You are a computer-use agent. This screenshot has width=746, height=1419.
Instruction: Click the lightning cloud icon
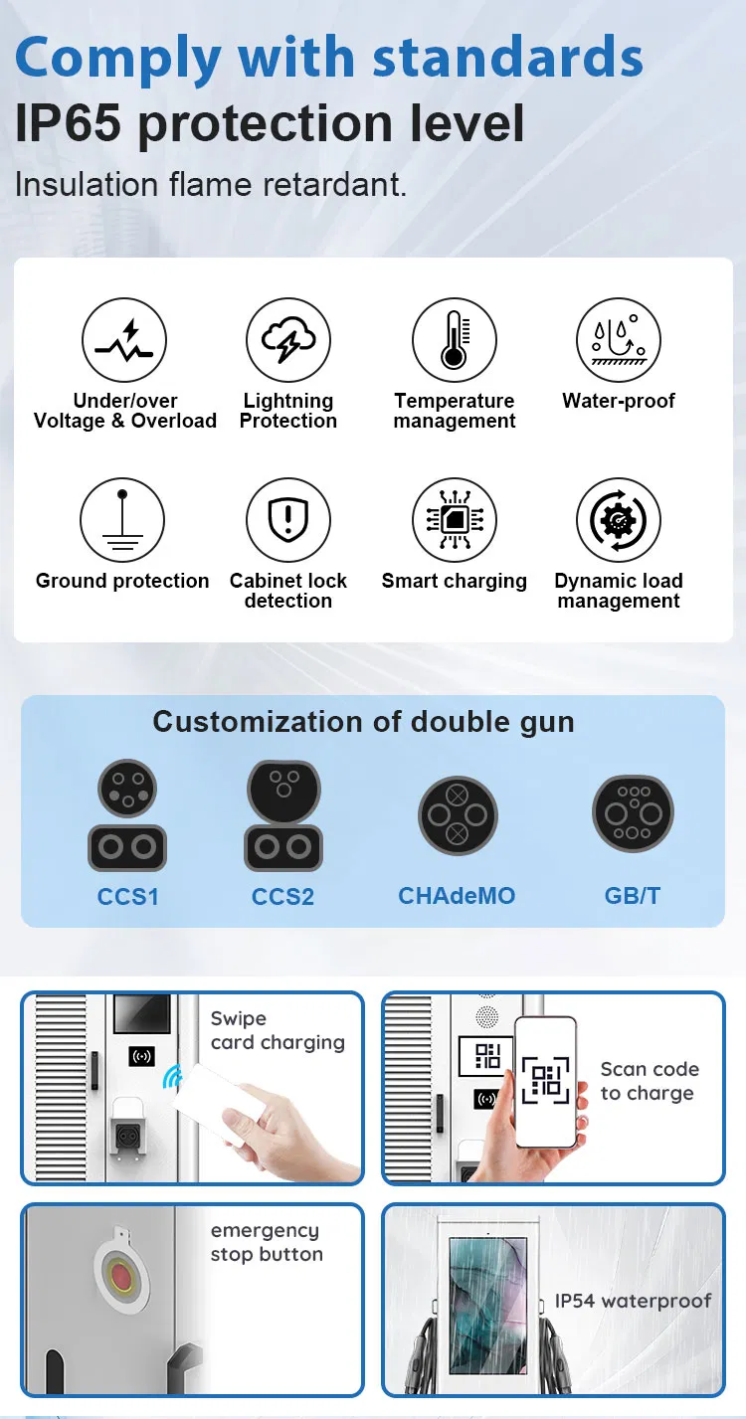coord(288,339)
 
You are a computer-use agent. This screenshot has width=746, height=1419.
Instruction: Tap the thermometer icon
coord(454,339)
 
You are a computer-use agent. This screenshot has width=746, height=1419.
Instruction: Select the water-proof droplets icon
coord(619,339)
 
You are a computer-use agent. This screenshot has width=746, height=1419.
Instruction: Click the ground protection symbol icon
coord(122,519)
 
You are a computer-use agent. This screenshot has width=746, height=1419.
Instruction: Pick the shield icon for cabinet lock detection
coord(288,519)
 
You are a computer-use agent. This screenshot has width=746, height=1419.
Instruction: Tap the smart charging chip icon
coord(454,519)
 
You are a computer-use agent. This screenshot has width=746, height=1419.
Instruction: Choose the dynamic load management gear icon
coord(619,519)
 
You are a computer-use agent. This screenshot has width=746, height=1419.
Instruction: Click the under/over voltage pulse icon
coord(124,339)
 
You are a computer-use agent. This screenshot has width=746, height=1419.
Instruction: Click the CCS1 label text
coord(127,896)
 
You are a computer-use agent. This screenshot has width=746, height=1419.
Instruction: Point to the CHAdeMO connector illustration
coord(458,815)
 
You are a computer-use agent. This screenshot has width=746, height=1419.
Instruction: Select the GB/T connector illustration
coord(633,812)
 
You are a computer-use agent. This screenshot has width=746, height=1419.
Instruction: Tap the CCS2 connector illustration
coord(283,815)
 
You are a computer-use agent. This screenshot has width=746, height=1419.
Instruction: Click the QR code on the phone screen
coord(545,1081)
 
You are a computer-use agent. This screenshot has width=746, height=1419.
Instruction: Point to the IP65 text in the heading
coord(68,123)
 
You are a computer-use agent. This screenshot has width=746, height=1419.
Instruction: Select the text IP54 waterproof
coord(634,1301)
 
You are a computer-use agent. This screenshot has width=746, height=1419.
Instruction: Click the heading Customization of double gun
coord(364,722)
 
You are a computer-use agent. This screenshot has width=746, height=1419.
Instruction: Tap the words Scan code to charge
coord(650,1081)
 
